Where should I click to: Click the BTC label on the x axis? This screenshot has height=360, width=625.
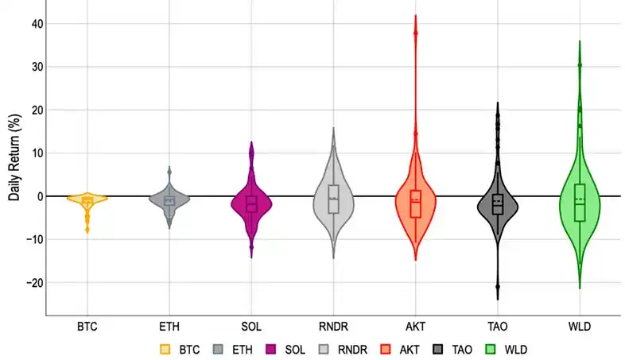tap(87, 326)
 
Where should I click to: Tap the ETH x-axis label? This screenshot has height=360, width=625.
tap(169, 326)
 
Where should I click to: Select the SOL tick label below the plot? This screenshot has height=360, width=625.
tap(251, 326)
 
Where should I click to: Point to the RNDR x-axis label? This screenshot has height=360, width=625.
tap(333, 326)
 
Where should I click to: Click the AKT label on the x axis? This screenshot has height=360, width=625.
tap(415, 326)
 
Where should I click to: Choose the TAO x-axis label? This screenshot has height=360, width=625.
tap(497, 326)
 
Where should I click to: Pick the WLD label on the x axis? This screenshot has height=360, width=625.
tap(580, 326)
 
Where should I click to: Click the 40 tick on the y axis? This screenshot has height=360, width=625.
tap(37, 24)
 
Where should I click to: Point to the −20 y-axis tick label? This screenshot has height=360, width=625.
tap(34, 283)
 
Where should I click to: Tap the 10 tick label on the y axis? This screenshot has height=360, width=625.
tap(37, 153)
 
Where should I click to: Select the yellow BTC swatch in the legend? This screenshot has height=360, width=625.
tap(165, 349)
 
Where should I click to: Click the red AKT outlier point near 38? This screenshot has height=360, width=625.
tap(415, 33)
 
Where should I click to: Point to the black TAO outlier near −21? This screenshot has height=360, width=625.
tap(498, 287)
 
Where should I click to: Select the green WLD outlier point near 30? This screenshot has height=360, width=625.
tap(580, 65)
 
